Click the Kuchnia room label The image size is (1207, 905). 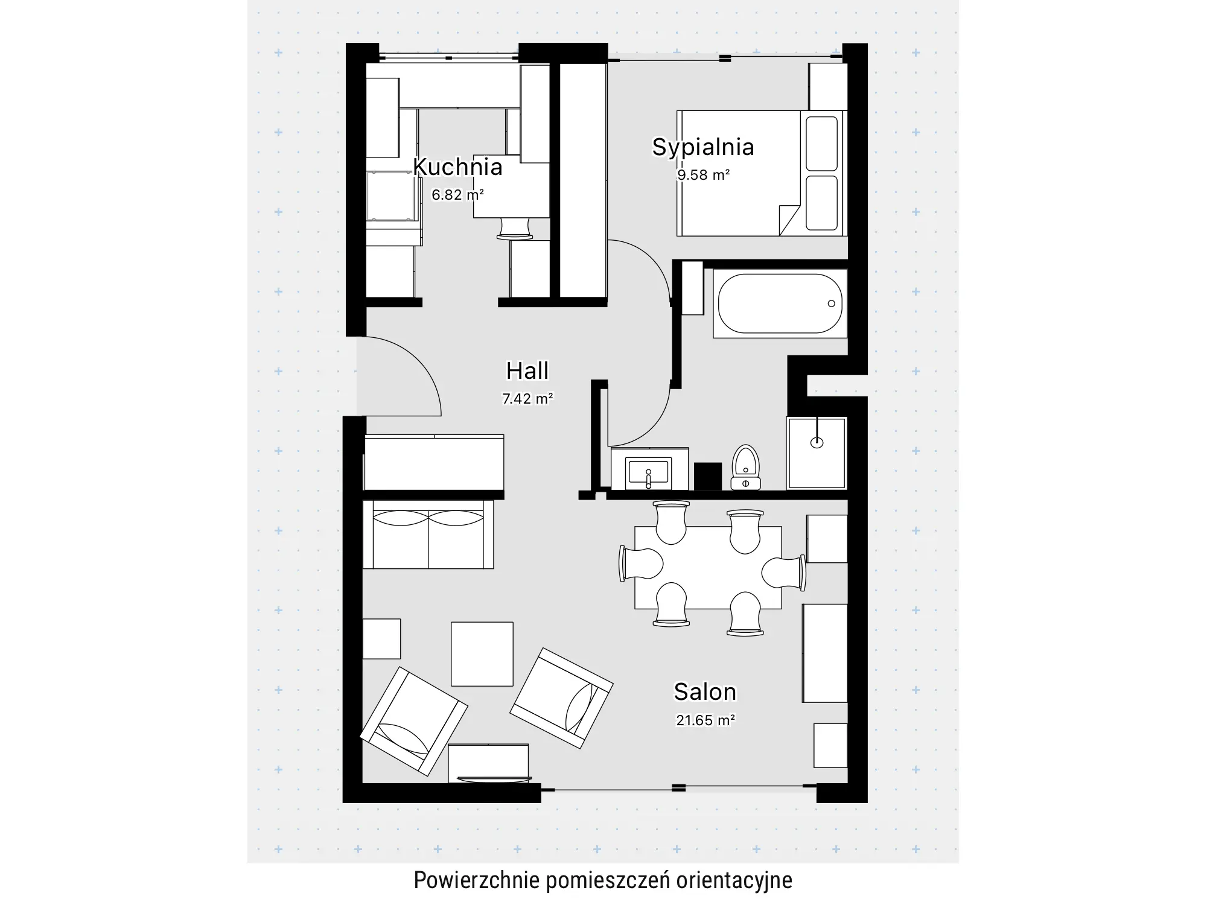[457, 167]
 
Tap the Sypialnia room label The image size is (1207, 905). [703, 147]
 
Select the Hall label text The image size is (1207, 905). [527, 370]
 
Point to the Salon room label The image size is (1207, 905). [705, 691]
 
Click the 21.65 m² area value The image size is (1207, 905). [705, 720]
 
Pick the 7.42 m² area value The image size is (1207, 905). [527, 398]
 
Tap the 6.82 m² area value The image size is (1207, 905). [457, 194]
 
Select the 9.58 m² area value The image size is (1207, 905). [704, 175]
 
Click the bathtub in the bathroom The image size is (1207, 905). [780, 303]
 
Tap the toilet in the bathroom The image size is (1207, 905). [746, 467]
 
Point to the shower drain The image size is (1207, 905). [817, 443]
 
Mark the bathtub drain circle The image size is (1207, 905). [831, 303]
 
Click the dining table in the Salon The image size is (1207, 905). [708, 568]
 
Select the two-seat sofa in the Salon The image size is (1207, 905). [428, 535]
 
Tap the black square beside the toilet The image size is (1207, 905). [708, 477]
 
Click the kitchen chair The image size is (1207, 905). [515, 229]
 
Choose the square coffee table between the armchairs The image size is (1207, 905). [482, 654]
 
